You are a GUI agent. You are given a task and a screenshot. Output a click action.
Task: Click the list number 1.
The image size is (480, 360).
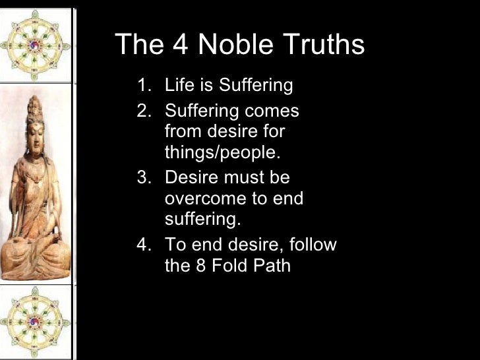coord(143,86)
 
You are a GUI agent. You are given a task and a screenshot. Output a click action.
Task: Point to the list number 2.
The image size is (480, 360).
coord(143,110)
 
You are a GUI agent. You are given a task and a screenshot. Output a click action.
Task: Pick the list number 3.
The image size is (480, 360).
coord(143,178)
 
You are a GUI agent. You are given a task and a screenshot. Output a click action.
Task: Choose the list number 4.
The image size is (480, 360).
coord(143,245)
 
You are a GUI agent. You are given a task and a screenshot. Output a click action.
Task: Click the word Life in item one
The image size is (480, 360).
coord(178,86)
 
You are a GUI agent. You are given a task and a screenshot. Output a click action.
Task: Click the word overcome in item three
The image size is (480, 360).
coord(200,198)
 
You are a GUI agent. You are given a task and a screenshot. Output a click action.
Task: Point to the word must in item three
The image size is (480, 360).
coord(240,178)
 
